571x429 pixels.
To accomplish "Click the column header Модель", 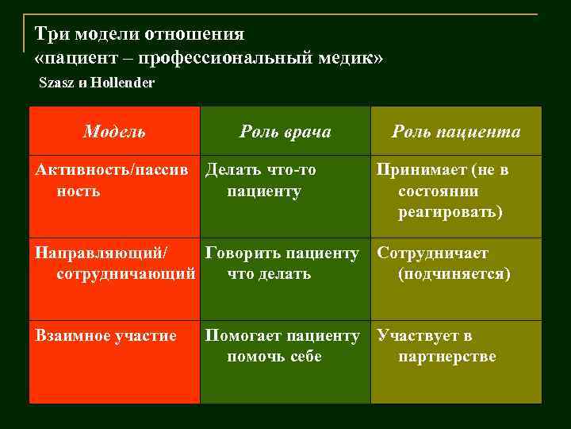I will (114, 131).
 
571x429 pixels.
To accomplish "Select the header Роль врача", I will (285, 131).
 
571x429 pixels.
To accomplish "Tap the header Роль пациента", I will (456, 131).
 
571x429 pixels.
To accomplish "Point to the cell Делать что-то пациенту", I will (262, 180).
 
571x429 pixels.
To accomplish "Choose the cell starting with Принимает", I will (444, 191).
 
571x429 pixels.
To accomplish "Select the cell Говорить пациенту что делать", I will (282, 264).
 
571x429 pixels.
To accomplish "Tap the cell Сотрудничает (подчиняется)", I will (444, 264).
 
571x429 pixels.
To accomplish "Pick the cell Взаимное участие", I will (106, 336).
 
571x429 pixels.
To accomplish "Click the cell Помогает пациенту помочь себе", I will (282, 346).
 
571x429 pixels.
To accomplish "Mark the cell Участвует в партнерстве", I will (436, 346).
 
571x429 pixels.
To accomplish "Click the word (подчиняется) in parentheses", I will (454, 274).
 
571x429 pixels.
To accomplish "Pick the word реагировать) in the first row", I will (450, 212).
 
